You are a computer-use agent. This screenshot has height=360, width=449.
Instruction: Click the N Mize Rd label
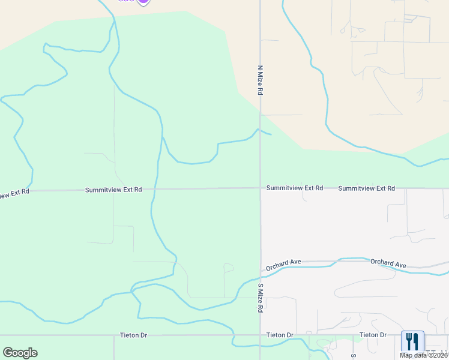[x=261, y=81]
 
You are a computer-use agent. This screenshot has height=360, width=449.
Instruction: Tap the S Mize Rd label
[x=261, y=298]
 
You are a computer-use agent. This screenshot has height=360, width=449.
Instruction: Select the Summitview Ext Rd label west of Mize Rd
[x=113, y=190]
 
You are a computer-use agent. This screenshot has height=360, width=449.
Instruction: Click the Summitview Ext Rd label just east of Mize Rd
[x=295, y=188]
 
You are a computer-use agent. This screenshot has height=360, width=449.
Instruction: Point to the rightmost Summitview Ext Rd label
[x=366, y=188]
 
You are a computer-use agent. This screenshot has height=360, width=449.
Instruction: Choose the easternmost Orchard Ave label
[x=388, y=263]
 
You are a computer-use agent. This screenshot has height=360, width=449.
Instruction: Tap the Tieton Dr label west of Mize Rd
[x=133, y=335]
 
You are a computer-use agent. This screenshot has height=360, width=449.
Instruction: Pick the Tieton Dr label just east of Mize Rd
[x=280, y=335]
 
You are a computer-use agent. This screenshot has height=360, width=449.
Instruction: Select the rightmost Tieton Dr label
[x=373, y=335]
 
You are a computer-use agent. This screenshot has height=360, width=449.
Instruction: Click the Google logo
[x=20, y=353]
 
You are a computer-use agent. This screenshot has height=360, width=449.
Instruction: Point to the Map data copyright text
[x=424, y=355]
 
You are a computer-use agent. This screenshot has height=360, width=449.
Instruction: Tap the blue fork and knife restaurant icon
[x=412, y=341]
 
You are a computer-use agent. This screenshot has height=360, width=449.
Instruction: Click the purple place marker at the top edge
[x=143, y=2]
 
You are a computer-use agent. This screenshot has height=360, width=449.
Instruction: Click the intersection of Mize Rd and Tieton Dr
[x=261, y=335]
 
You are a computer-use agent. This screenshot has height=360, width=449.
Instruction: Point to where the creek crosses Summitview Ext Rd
[x=155, y=189]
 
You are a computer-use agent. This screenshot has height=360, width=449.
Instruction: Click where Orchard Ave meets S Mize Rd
[x=261, y=269]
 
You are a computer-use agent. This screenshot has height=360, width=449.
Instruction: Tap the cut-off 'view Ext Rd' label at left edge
[x=14, y=193]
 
